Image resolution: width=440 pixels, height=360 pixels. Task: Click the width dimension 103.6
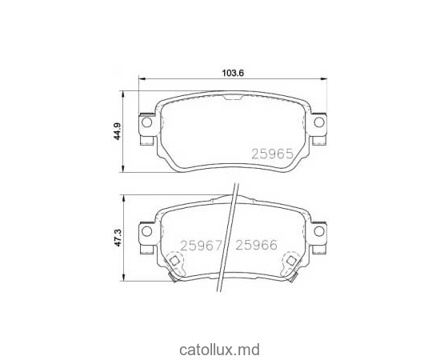(x=232, y=72)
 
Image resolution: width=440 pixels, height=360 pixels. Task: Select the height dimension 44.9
(x=115, y=129)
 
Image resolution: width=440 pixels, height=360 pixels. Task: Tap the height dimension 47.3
(x=117, y=238)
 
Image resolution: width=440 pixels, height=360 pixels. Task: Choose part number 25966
(x=254, y=246)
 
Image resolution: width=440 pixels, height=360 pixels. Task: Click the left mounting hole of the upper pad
(x=146, y=122)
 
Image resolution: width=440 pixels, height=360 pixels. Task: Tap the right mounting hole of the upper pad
(x=318, y=122)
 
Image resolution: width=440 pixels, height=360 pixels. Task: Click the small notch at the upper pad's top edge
(x=232, y=98)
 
